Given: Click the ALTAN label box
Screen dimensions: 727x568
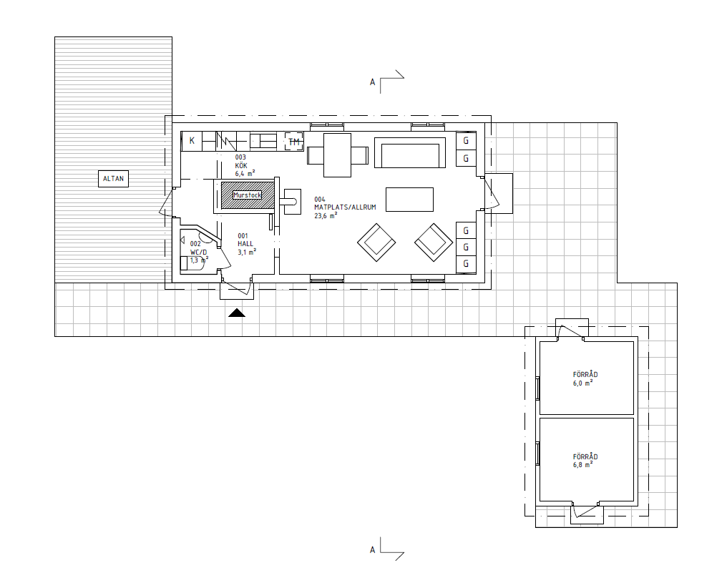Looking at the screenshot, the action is (x=113, y=179).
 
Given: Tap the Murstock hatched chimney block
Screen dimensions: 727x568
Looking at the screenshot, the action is (x=247, y=195).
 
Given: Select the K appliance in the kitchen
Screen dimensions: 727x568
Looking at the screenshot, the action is (x=192, y=141).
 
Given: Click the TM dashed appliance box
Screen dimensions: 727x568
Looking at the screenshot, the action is (x=294, y=142).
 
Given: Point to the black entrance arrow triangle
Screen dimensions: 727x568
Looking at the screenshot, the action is (x=236, y=313).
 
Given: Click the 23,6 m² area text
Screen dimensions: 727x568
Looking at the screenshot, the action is (x=326, y=215).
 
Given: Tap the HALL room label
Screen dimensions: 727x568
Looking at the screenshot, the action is (x=245, y=244).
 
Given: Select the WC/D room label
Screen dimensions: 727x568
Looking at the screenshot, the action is (x=198, y=253).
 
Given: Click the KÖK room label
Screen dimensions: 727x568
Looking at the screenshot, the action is (x=241, y=165).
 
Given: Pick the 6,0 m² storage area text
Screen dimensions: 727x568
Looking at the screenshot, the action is (x=582, y=383).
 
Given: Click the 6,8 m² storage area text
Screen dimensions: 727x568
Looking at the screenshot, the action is (x=582, y=464).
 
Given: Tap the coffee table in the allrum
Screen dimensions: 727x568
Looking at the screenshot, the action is (x=409, y=200).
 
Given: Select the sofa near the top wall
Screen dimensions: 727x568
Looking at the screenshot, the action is (x=410, y=152).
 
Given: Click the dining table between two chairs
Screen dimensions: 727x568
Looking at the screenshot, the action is (x=337, y=155).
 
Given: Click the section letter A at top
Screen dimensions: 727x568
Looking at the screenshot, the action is (x=372, y=82).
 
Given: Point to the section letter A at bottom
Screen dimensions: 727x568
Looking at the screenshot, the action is (x=372, y=550).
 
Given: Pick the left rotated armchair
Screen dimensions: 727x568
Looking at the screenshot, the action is (x=376, y=243).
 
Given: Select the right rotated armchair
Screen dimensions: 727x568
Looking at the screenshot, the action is (x=434, y=243).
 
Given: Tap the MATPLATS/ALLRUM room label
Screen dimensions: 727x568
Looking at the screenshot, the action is (x=345, y=207).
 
